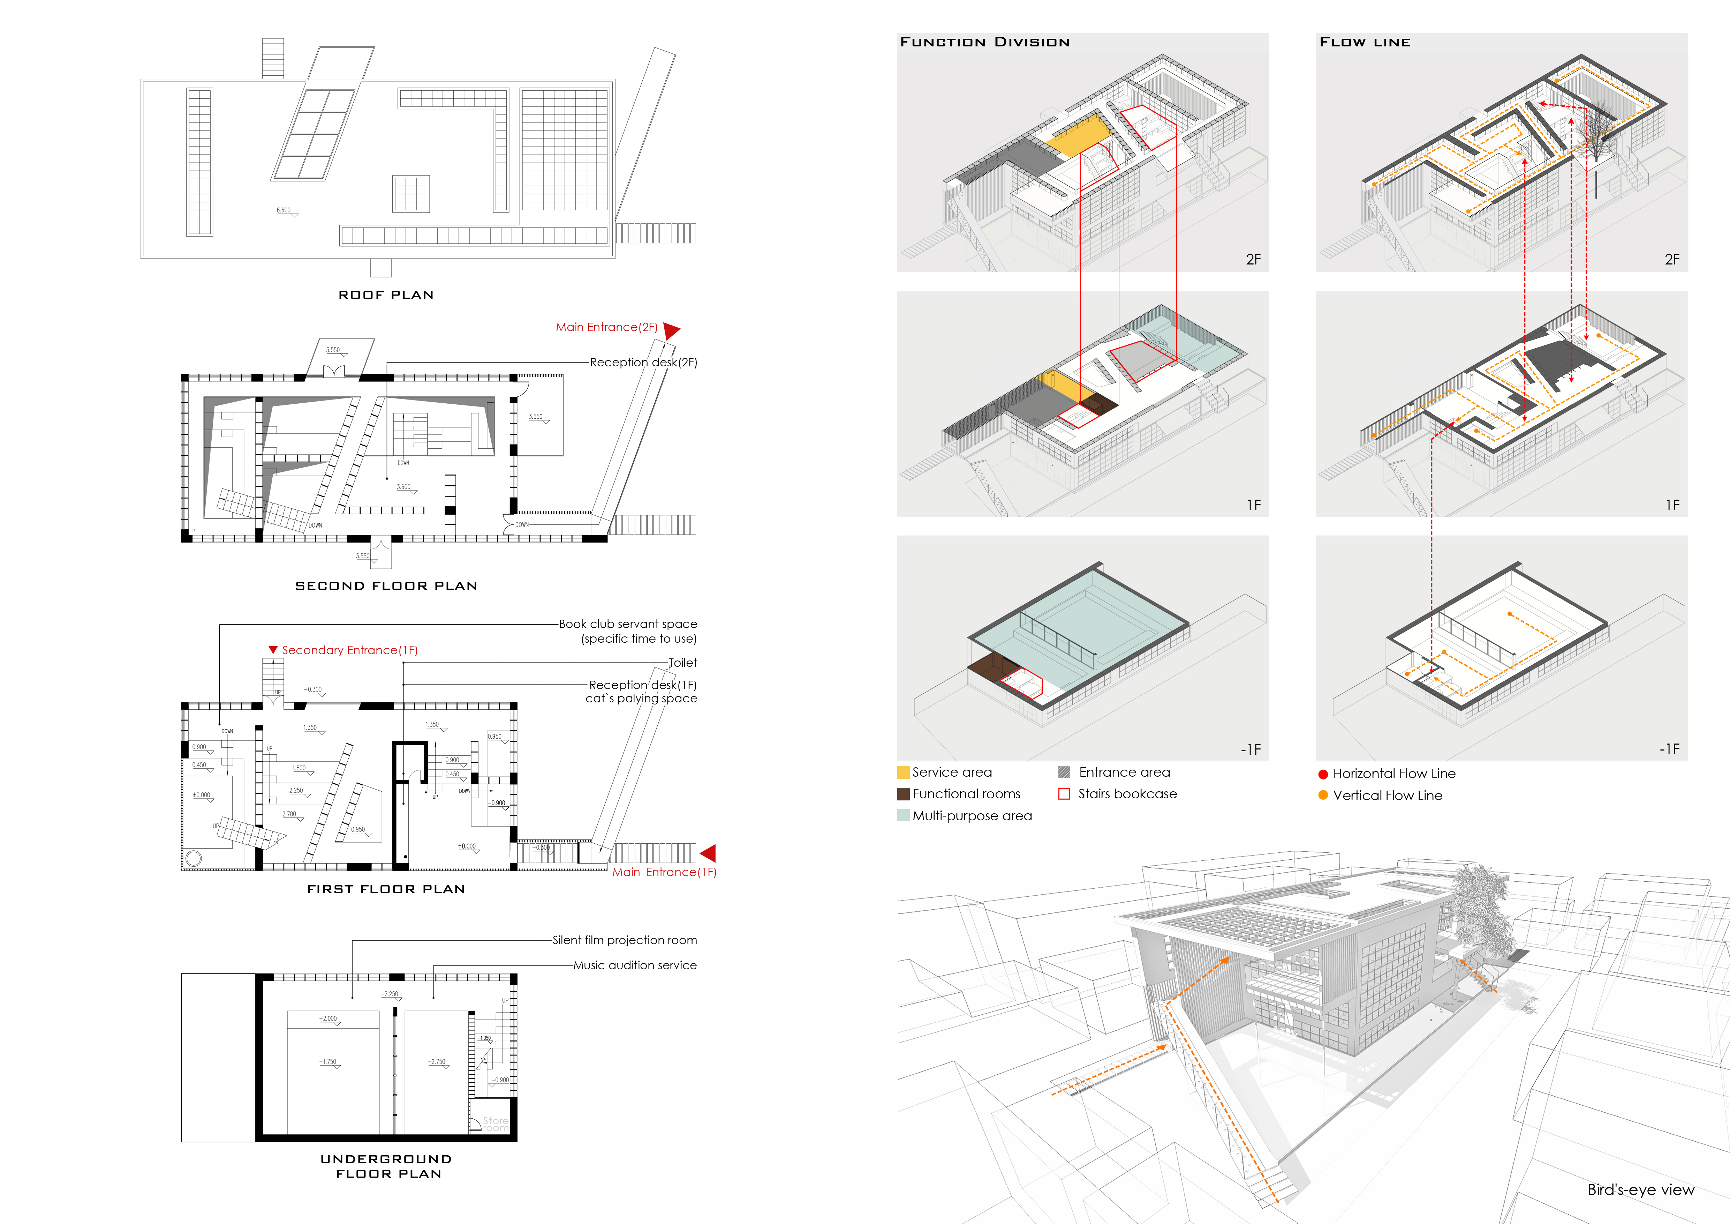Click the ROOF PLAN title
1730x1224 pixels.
[x=386, y=295]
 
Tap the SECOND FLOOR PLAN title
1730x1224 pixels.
[x=386, y=585]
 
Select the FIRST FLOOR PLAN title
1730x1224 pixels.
[x=386, y=889]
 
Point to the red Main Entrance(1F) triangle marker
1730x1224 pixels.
[x=708, y=853]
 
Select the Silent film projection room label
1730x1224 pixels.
[x=625, y=940]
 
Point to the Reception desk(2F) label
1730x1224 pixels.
[x=643, y=363]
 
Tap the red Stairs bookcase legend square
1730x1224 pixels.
[x=1064, y=794]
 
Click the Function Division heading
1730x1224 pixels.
[x=985, y=42]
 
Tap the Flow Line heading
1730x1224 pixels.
[x=1365, y=42]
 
